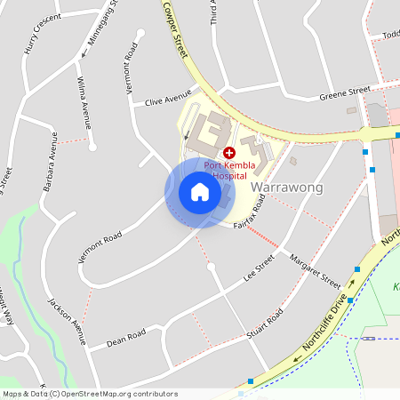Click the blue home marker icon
click(200, 193)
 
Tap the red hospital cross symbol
click(228, 153)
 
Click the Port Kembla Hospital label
click(230, 171)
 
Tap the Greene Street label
click(345, 92)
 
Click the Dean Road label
click(125, 338)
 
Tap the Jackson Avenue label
click(65, 319)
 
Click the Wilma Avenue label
click(84, 100)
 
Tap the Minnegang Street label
click(102, 26)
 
